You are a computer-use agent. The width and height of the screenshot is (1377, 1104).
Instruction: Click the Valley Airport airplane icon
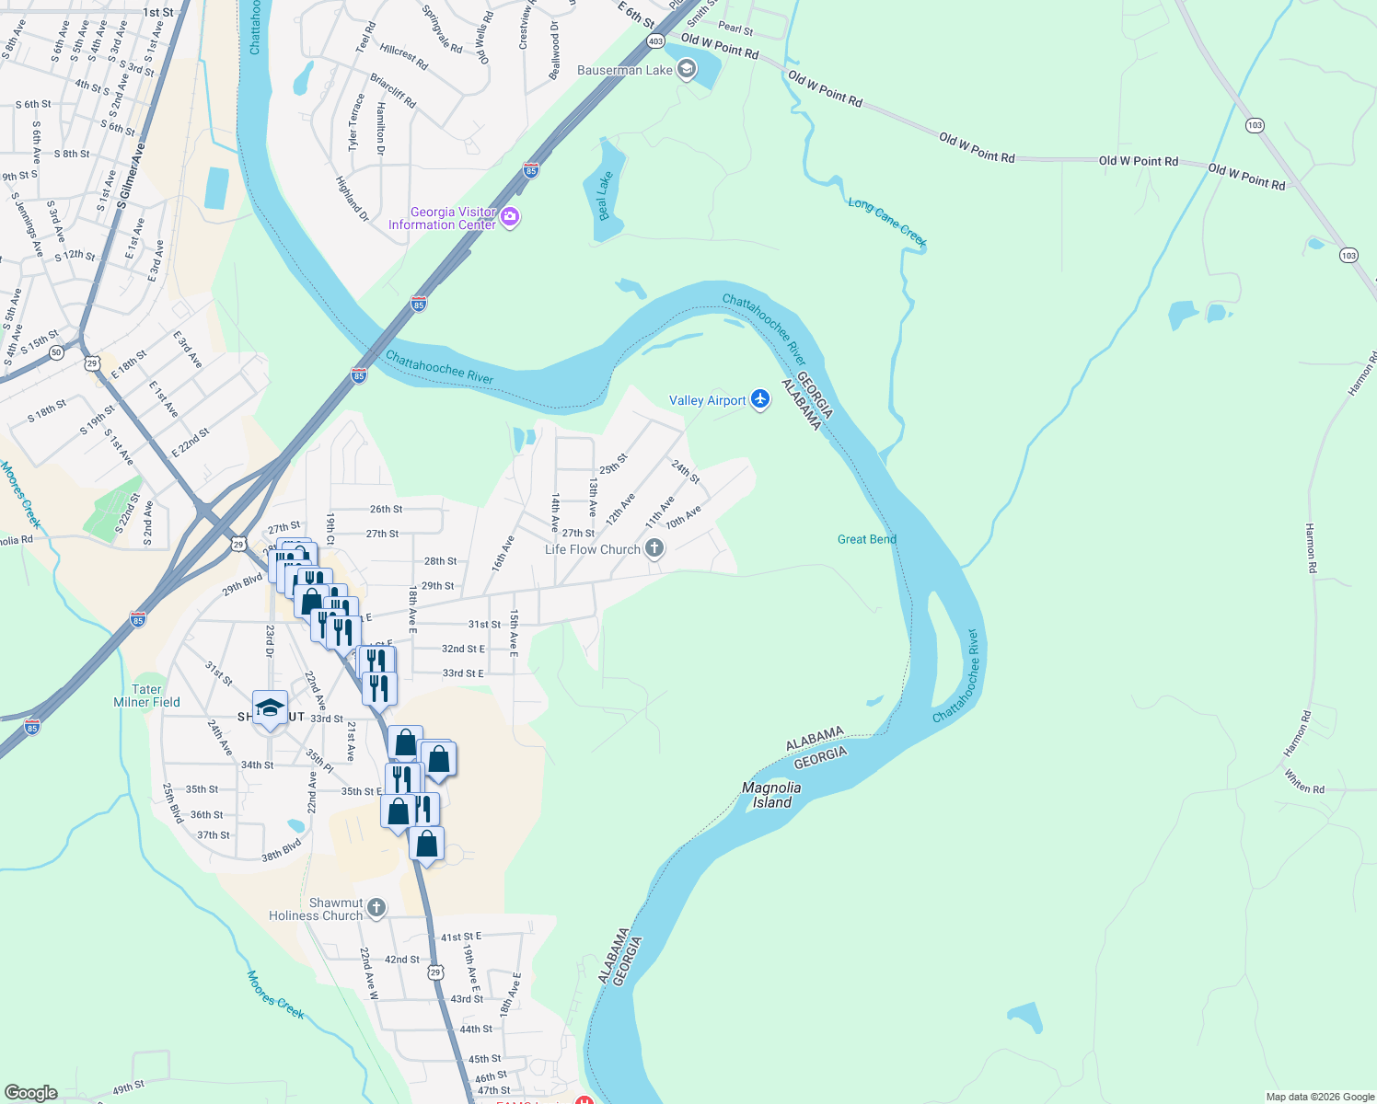(x=759, y=399)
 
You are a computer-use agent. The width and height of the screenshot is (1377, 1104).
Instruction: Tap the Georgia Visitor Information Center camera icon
(x=510, y=218)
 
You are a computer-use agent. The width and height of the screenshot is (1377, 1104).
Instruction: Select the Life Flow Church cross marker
(x=654, y=549)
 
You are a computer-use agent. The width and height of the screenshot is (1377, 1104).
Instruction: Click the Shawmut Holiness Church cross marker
(x=376, y=909)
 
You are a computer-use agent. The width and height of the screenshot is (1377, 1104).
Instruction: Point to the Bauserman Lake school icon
(x=686, y=70)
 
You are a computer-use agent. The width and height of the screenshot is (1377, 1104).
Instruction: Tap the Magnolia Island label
(x=771, y=795)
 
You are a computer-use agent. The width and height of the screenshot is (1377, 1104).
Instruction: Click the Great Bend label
(x=866, y=539)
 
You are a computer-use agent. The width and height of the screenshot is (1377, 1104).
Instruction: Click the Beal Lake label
(x=605, y=196)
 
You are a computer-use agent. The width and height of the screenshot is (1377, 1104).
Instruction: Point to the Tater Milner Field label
(x=146, y=696)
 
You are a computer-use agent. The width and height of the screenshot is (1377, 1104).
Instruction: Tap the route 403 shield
(x=655, y=41)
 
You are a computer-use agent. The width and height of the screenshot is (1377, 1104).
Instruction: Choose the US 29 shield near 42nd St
(x=436, y=972)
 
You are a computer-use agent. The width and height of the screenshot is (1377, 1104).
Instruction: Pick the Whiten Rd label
(x=1304, y=783)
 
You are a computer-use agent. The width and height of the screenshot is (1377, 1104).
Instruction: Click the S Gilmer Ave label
(x=132, y=175)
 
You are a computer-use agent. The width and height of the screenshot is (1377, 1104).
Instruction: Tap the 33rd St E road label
(x=462, y=673)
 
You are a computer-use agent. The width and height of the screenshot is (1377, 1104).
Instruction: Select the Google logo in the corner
(x=31, y=1093)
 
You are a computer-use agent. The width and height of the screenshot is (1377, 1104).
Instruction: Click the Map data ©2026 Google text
(x=1320, y=1097)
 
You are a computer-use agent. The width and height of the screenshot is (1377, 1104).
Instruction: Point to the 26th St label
(x=386, y=509)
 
